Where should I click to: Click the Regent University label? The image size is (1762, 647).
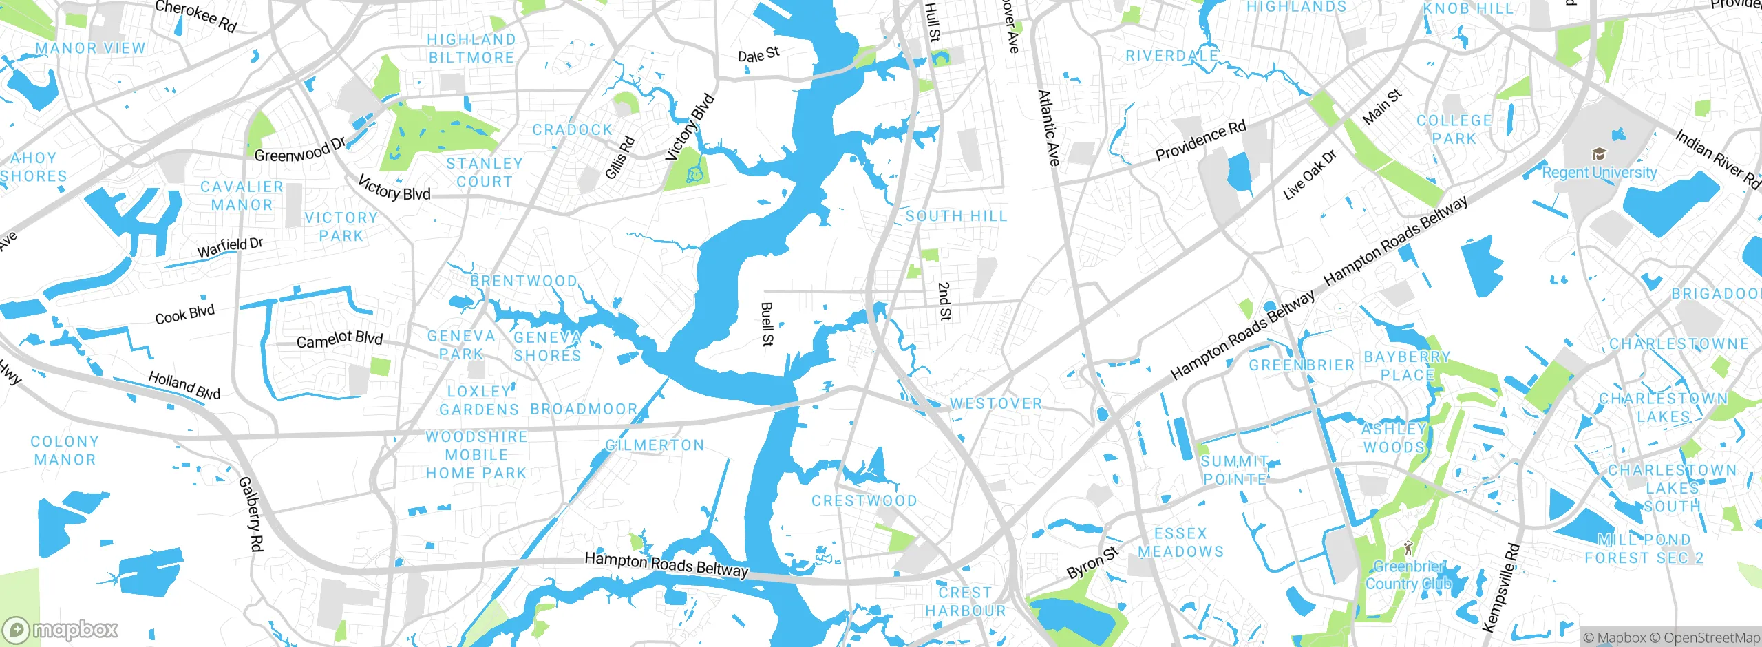(x=1599, y=173)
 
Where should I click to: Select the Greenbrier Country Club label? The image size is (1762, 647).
(x=1408, y=575)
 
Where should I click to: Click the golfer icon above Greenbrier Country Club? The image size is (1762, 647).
(x=1408, y=549)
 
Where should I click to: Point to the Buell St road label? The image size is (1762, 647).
(x=767, y=324)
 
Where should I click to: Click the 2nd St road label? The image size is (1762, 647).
(x=944, y=301)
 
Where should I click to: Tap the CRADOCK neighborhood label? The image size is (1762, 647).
(x=572, y=130)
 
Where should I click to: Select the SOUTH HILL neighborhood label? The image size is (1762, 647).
(x=956, y=216)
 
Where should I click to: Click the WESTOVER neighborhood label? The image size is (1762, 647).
(x=996, y=404)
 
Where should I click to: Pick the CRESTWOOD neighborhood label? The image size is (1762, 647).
(x=864, y=501)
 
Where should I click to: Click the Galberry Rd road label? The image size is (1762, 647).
(x=251, y=513)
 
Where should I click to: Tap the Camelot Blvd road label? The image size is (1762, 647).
(x=339, y=339)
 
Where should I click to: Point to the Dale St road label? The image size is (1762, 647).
(x=758, y=54)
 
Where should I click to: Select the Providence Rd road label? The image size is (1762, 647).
(x=1200, y=141)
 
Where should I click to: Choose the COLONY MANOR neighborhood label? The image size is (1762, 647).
(x=65, y=451)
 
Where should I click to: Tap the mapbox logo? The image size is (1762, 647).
(x=61, y=630)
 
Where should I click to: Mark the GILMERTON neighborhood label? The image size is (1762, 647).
(x=655, y=445)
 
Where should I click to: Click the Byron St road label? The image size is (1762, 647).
(x=1092, y=563)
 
